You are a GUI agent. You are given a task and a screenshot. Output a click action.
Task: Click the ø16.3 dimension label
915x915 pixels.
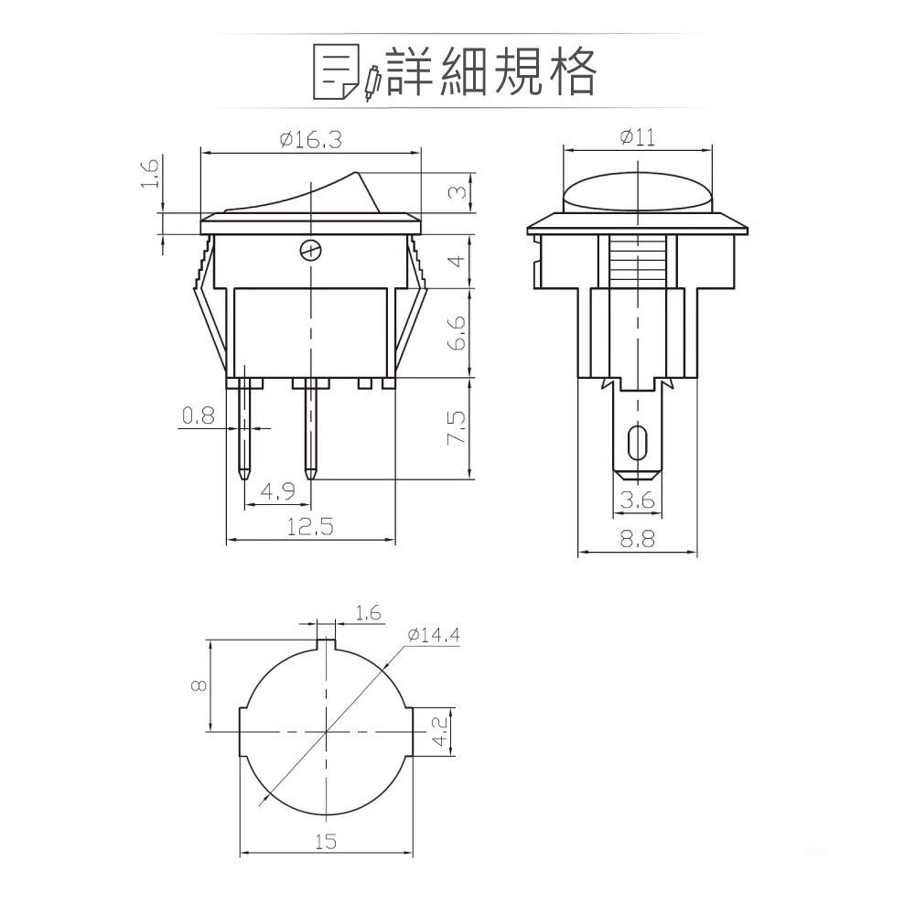click(x=310, y=140)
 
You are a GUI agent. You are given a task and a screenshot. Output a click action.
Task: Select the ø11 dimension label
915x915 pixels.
click(x=637, y=138)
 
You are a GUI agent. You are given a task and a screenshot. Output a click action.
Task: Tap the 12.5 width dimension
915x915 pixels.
click(x=310, y=527)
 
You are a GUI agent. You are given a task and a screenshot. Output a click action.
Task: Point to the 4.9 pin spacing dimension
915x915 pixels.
click(x=277, y=492)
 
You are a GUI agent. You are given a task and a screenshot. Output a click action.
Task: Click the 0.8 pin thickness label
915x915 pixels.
click(x=198, y=416)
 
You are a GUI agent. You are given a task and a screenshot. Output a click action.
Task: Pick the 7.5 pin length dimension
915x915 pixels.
click(x=457, y=427)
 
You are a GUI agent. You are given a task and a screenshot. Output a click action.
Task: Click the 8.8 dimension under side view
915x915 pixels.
click(x=637, y=540)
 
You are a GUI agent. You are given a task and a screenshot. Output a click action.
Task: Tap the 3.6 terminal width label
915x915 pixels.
click(x=637, y=500)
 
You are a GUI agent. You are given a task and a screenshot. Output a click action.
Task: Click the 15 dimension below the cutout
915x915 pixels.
click(x=326, y=841)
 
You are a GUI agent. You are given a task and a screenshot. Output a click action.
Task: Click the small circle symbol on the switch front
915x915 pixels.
click(x=311, y=249)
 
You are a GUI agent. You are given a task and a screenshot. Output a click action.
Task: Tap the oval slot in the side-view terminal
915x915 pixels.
click(x=636, y=443)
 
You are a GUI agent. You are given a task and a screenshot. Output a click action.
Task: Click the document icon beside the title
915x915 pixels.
click(x=336, y=71)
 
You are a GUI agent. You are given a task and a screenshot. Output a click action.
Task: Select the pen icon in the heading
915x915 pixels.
click(x=371, y=84)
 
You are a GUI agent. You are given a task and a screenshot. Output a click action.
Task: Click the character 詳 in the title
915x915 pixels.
click(x=409, y=71)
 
